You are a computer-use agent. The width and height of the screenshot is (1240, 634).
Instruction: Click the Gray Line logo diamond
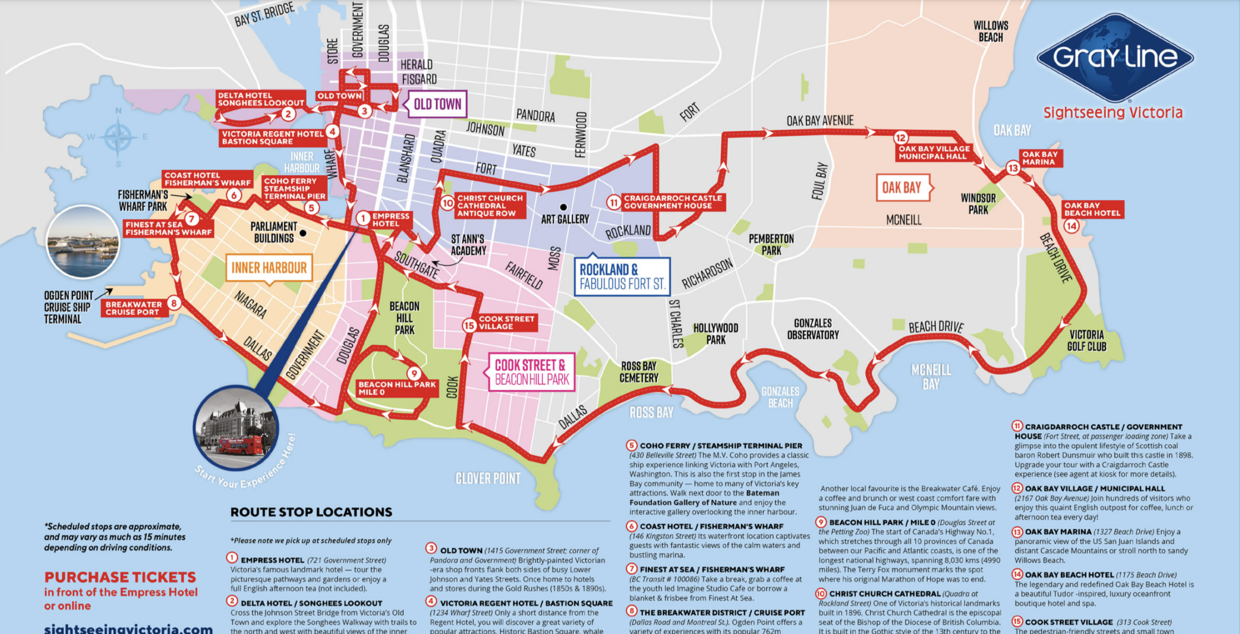pyautogui.click(x=1114, y=57)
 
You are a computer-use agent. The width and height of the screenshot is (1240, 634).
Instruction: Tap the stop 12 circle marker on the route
pyautogui.click(x=900, y=138)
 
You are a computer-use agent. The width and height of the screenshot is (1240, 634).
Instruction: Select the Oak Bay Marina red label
pyautogui.click(x=1040, y=158)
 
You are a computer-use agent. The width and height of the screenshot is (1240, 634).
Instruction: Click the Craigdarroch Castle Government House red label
pyautogui.click(x=672, y=202)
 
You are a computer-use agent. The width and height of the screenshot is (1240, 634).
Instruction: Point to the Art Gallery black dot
pyautogui.click(x=563, y=207)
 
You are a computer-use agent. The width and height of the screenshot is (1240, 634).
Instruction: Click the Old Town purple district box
pyautogui.click(x=437, y=104)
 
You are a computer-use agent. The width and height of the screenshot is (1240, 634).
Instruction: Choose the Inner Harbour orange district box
pyautogui.click(x=269, y=268)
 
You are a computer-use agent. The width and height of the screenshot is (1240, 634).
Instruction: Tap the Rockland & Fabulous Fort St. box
pyautogui.click(x=622, y=276)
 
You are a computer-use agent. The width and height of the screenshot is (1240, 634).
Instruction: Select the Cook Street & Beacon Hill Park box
pyautogui.click(x=531, y=372)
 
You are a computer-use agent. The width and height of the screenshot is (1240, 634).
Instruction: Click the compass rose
pyautogui.click(x=118, y=137)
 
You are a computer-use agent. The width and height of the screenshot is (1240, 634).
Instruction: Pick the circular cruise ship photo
pyautogui.click(x=83, y=242)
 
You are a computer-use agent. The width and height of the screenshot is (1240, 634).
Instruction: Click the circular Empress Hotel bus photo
pyautogui.click(x=236, y=427)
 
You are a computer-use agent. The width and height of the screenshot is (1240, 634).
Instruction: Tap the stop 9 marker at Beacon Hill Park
pyautogui.click(x=414, y=374)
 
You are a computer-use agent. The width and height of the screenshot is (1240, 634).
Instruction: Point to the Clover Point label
pyautogui.click(x=488, y=478)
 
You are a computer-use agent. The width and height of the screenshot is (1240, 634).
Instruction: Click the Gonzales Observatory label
pyautogui.click(x=812, y=329)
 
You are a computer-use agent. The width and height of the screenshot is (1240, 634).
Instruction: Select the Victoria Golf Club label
pyautogui.click(x=1086, y=340)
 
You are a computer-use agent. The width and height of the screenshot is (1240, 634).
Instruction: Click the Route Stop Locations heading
pyautogui.click(x=311, y=512)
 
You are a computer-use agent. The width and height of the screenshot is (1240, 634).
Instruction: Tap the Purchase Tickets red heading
pyautogui.click(x=120, y=577)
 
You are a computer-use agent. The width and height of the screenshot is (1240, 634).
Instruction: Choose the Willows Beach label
pyautogui.click(x=991, y=31)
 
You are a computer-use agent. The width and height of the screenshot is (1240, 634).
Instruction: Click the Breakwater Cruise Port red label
pyautogui.click(x=133, y=308)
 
